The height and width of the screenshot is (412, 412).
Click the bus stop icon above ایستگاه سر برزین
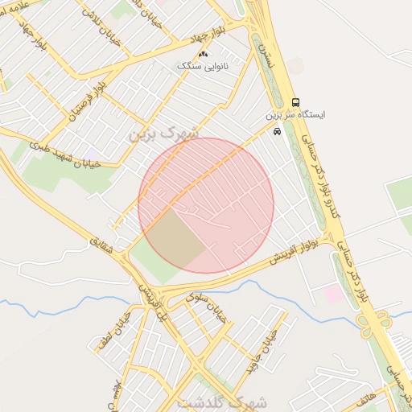click(295, 103)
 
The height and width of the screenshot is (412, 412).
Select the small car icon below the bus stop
click(278, 131)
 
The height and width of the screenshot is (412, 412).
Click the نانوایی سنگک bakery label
click(202, 66)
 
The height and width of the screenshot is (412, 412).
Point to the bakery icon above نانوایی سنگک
click(202, 54)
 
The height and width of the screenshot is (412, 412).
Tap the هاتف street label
click(365, 397)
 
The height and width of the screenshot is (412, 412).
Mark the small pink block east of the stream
click(333, 294)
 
